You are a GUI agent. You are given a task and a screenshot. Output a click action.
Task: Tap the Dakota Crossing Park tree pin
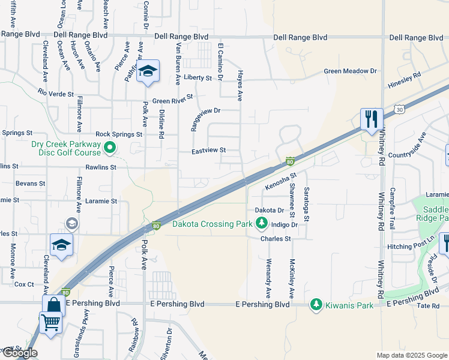tap(262, 224)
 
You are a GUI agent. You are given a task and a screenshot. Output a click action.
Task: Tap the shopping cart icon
tap(50, 322)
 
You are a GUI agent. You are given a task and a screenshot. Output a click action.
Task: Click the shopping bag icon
tap(53, 305)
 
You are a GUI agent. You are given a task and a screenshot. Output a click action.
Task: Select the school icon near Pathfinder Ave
tap(147, 73)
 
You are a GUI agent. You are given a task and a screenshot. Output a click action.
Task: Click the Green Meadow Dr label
tap(350, 71)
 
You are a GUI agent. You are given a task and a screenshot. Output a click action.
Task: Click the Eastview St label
tap(208, 151)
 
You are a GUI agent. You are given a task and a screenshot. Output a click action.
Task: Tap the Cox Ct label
tap(24, 284)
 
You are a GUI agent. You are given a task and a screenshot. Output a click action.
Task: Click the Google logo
tap(19, 353)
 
